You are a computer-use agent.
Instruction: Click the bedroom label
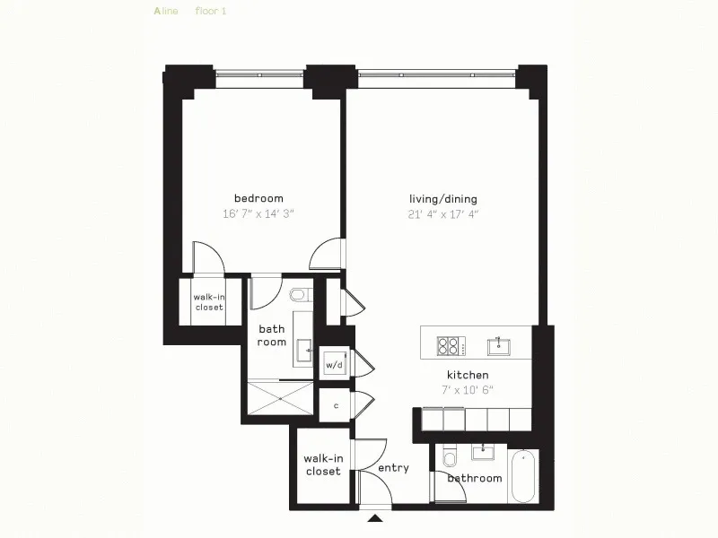[258, 199]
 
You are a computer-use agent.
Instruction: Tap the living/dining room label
[443, 199]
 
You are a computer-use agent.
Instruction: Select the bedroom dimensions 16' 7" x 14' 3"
[258, 213]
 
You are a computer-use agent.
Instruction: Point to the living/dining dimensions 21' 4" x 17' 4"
[443, 213]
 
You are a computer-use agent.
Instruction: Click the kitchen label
[468, 374]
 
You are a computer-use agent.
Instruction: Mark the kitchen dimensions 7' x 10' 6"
[468, 389]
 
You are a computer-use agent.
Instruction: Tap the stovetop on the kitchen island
[448, 345]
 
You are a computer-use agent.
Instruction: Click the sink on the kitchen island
[498, 345]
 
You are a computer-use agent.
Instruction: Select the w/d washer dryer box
[335, 365]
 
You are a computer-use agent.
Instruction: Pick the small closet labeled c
[336, 405]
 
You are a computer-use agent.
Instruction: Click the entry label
[393, 468]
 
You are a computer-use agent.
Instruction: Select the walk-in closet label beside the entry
[323, 465]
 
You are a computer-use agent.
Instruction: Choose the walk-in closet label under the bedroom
[209, 302]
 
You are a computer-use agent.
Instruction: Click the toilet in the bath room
[300, 294]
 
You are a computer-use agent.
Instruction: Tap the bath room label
[272, 335]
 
